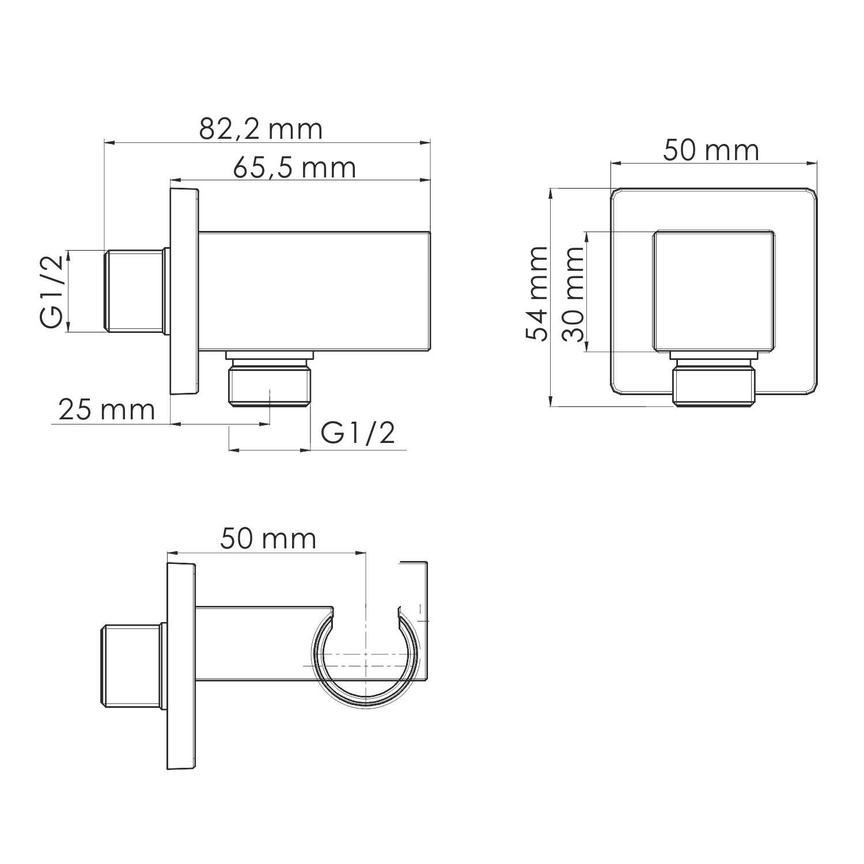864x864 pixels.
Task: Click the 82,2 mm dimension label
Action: point(261,130)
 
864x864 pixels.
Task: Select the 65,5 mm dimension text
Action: point(294,168)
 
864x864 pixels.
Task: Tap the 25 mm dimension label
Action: point(107,411)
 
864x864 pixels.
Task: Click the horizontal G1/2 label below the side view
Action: point(358,433)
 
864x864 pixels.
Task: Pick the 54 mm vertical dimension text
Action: point(537,294)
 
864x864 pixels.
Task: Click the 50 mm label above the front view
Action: point(711,151)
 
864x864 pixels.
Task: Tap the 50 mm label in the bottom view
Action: point(268,540)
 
